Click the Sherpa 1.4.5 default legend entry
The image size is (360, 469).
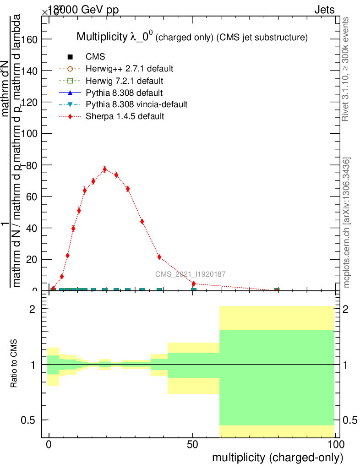125,116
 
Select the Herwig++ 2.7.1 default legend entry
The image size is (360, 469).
129,69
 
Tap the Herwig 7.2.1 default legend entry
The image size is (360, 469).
124,81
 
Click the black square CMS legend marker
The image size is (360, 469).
70,57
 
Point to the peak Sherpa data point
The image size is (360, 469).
105,169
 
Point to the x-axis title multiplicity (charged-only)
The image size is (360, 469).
278,458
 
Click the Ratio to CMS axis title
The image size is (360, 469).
14,364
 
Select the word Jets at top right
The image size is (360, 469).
324,10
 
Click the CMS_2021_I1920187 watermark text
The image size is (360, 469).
190,274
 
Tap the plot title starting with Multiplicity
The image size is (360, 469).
191,37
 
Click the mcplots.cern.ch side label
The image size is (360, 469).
347,223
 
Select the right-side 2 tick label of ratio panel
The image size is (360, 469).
347,309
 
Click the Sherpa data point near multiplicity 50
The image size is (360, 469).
194,284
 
